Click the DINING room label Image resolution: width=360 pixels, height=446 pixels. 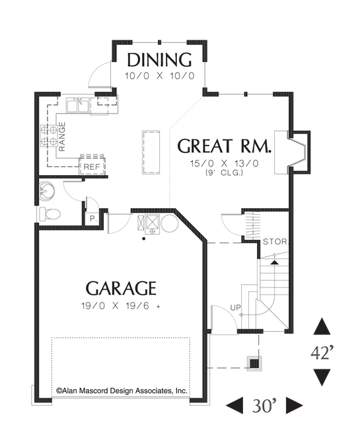pos(159,59)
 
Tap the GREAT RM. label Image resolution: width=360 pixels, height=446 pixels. pos(224,145)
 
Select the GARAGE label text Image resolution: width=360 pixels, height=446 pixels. pos(121,288)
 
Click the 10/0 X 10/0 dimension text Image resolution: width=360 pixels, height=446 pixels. pos(160,76)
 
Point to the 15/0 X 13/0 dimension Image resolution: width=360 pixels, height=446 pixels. pos(225,164)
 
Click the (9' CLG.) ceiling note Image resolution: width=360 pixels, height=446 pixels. pos(225,172)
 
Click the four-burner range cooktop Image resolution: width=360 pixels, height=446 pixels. pos(49,136)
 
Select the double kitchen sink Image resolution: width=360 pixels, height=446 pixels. pos(77,105)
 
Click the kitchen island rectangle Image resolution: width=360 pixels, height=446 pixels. pos(151,152)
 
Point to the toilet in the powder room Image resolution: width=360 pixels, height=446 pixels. pos(49,213)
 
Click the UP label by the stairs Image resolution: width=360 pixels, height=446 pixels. pos(235,307)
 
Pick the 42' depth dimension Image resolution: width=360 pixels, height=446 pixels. pos(322,353)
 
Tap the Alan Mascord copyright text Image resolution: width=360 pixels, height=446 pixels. pos(122,390)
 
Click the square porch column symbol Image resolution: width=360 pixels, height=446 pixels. pos(254,363)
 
